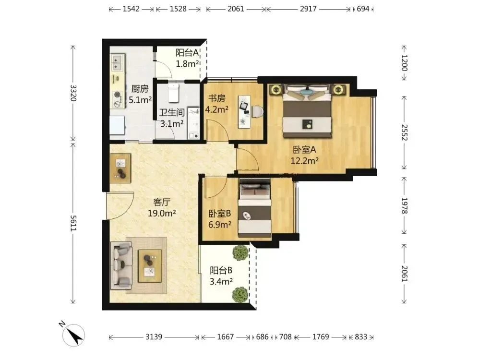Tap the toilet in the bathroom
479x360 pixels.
[x=173, y=93]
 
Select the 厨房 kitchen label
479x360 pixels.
[x=140, y=89]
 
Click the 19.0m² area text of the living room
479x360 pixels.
[x=162, y=213]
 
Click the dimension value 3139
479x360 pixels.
[x=154, y=337]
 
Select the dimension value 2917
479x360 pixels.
[x=308, y=9]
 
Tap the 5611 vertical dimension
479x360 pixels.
[x=73, y=223]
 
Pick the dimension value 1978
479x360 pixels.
[x=404, y=205]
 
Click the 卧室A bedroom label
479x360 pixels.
[x=304, y=150]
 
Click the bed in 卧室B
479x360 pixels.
[x=255, y=208]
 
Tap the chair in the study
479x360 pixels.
[x=258, y=111]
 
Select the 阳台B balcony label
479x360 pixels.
[x=221, y=270]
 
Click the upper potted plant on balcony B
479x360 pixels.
[x=241, y=251]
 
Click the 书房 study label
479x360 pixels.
[x=216, y=98]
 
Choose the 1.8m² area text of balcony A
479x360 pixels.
[x=187, y=64]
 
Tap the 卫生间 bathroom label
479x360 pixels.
[x=172, y=112]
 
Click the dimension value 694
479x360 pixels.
[x=363, y=9]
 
